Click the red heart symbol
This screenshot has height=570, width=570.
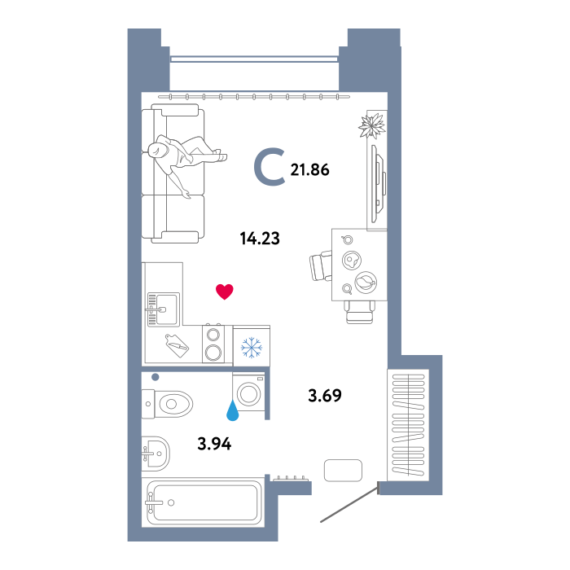224,292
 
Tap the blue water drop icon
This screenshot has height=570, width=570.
233,410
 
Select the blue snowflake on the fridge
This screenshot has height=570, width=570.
251,347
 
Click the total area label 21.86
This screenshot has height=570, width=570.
309,169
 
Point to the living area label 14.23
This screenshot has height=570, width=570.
260,239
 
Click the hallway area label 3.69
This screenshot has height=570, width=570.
325,396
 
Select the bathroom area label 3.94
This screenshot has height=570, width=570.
214,444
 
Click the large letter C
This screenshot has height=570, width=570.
269,166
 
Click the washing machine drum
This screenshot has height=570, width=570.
248,393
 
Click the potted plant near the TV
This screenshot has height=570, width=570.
372,125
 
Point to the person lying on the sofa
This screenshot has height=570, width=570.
186,160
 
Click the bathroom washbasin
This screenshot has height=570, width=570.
156,454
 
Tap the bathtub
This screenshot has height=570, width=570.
203,502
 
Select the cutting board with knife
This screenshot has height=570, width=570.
177,345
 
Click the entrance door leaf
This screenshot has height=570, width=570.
349,505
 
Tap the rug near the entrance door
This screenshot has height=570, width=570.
343,471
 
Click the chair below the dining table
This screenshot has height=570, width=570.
360,312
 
